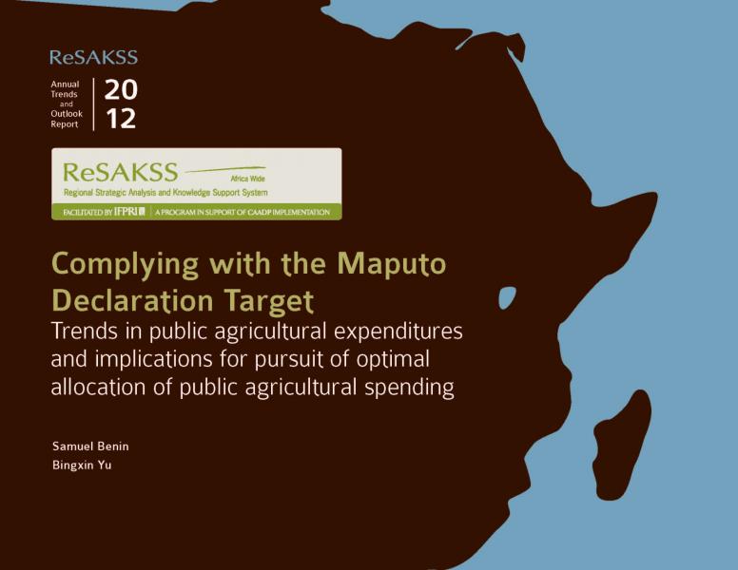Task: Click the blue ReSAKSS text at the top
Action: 93,57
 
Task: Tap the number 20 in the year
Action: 121,89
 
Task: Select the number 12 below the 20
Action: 121,118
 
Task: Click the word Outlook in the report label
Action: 67,114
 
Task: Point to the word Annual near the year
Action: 65,85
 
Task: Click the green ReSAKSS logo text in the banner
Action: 121,172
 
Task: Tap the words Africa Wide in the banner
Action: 247,179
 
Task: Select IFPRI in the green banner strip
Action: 129,212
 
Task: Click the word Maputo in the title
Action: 392,264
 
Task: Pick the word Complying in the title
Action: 126,265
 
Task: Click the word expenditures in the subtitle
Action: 398,332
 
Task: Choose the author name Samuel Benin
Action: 90,446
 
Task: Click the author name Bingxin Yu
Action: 82,465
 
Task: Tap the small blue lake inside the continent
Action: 507,297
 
